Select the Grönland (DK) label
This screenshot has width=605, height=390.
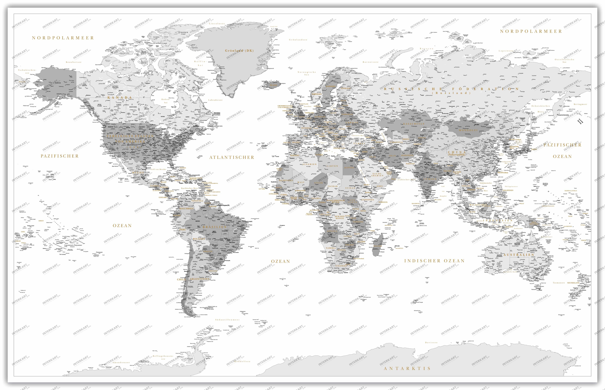(239, 51)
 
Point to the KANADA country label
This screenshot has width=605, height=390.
(120, 97)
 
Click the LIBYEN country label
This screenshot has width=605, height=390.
(332, 166)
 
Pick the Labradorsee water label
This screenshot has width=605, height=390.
(215, 100)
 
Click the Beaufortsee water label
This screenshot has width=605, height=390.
(74, 62)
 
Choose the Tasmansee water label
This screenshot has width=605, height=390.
(559, 283)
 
